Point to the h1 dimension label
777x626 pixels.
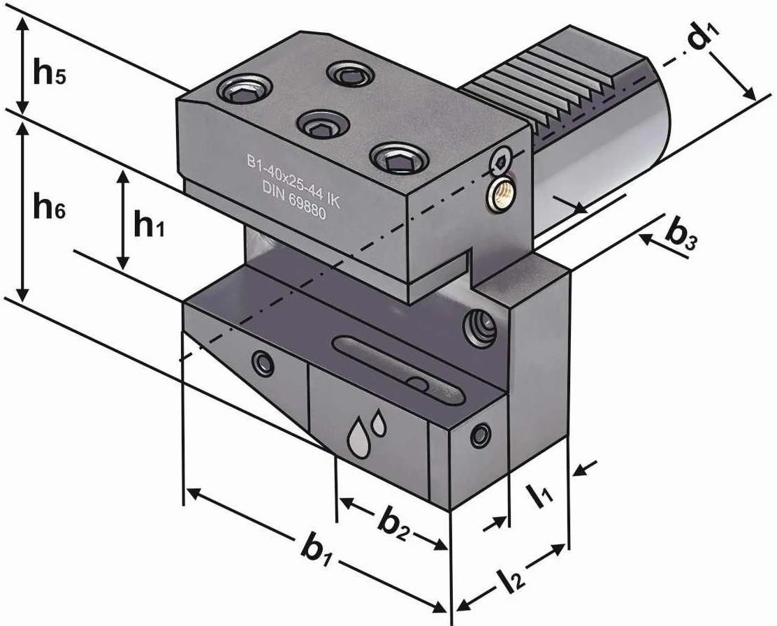point(149,225)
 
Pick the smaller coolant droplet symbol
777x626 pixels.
point(378,421)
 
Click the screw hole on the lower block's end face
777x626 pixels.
point(479,435)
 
